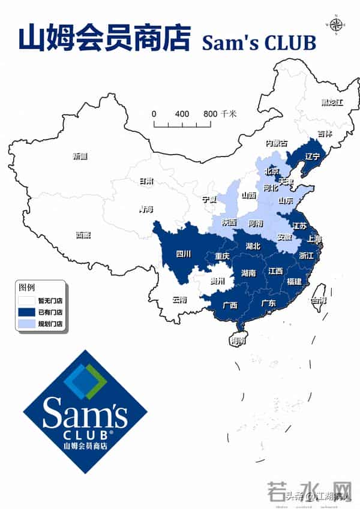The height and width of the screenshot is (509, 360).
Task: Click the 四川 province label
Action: coord(184,254)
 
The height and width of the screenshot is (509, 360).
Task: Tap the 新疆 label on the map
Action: coord(80,156)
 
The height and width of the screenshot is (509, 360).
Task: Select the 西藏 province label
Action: coord(83,235)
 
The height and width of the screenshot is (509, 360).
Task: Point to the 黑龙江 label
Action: coord(331,103)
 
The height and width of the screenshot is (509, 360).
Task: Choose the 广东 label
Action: coord(268,304)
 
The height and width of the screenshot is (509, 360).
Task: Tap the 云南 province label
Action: coord(179,299)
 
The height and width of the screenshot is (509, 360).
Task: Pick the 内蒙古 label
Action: coord(277,143)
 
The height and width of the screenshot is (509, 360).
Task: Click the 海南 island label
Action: coord(238,341)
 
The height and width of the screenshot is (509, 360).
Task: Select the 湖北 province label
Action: coord(253,246)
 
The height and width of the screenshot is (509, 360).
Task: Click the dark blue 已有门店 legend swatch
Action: coord(27,312)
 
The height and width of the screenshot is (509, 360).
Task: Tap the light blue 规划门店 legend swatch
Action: coord(27,324)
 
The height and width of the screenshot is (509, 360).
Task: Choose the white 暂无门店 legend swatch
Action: coord(27,301)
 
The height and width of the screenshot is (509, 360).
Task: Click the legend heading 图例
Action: coord(28,287)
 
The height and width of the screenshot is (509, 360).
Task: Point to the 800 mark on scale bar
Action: coord(210,114)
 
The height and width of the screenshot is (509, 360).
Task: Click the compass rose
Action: coord(335,24)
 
